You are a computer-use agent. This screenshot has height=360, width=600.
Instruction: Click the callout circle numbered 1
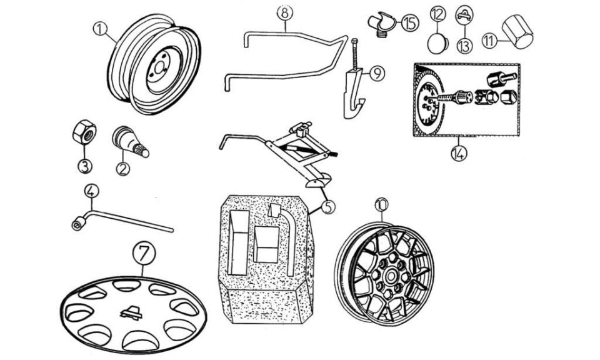coord(100,29)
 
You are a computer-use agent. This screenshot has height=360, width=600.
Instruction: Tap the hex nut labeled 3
coord(84,132)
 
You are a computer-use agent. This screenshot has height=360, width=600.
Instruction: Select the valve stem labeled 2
coord(130,141)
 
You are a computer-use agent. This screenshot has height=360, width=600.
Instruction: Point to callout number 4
coord(91,191)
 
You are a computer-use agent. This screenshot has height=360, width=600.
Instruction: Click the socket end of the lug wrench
coord(78,224)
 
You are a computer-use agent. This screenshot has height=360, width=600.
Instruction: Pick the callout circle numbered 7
coord(144,254)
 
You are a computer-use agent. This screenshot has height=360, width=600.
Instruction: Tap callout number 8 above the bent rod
coord(285,13)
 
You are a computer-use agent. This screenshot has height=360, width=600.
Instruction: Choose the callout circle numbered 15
coord(410,23)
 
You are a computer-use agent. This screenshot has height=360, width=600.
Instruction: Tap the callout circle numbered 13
coord(465,46)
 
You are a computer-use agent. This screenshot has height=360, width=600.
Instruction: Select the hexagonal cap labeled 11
coord(517,32)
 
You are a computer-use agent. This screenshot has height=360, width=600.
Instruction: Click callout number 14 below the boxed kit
coord(459,152)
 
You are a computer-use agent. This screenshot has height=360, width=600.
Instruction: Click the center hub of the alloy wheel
coord(390,275)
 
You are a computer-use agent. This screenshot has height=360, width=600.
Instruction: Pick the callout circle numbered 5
coord(328,207)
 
